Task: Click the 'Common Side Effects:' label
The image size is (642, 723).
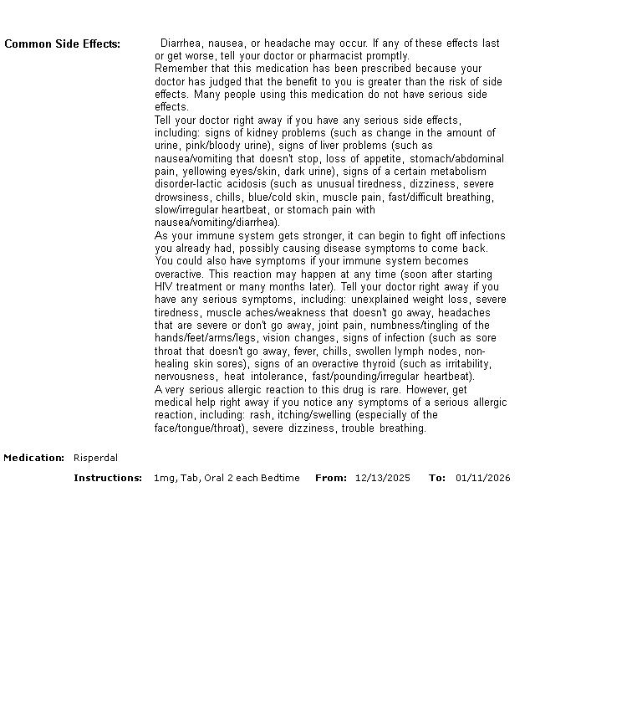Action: point(63,44)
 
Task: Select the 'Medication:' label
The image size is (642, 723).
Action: point(34,458)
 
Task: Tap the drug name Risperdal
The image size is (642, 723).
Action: point(95,458)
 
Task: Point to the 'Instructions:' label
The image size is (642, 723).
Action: point(108,478)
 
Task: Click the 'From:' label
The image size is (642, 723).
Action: point(331,478)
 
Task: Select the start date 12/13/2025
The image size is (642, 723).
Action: point(383,478)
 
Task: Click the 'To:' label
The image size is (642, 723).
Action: point(437,478)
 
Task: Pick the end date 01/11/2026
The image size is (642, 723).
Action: point(482,478)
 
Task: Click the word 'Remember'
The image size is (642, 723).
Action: point(178,69)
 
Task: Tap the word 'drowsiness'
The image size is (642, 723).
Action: point(181,197)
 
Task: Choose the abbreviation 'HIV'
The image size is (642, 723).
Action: point(164,287)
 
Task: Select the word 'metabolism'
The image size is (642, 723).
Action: point(458,172)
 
